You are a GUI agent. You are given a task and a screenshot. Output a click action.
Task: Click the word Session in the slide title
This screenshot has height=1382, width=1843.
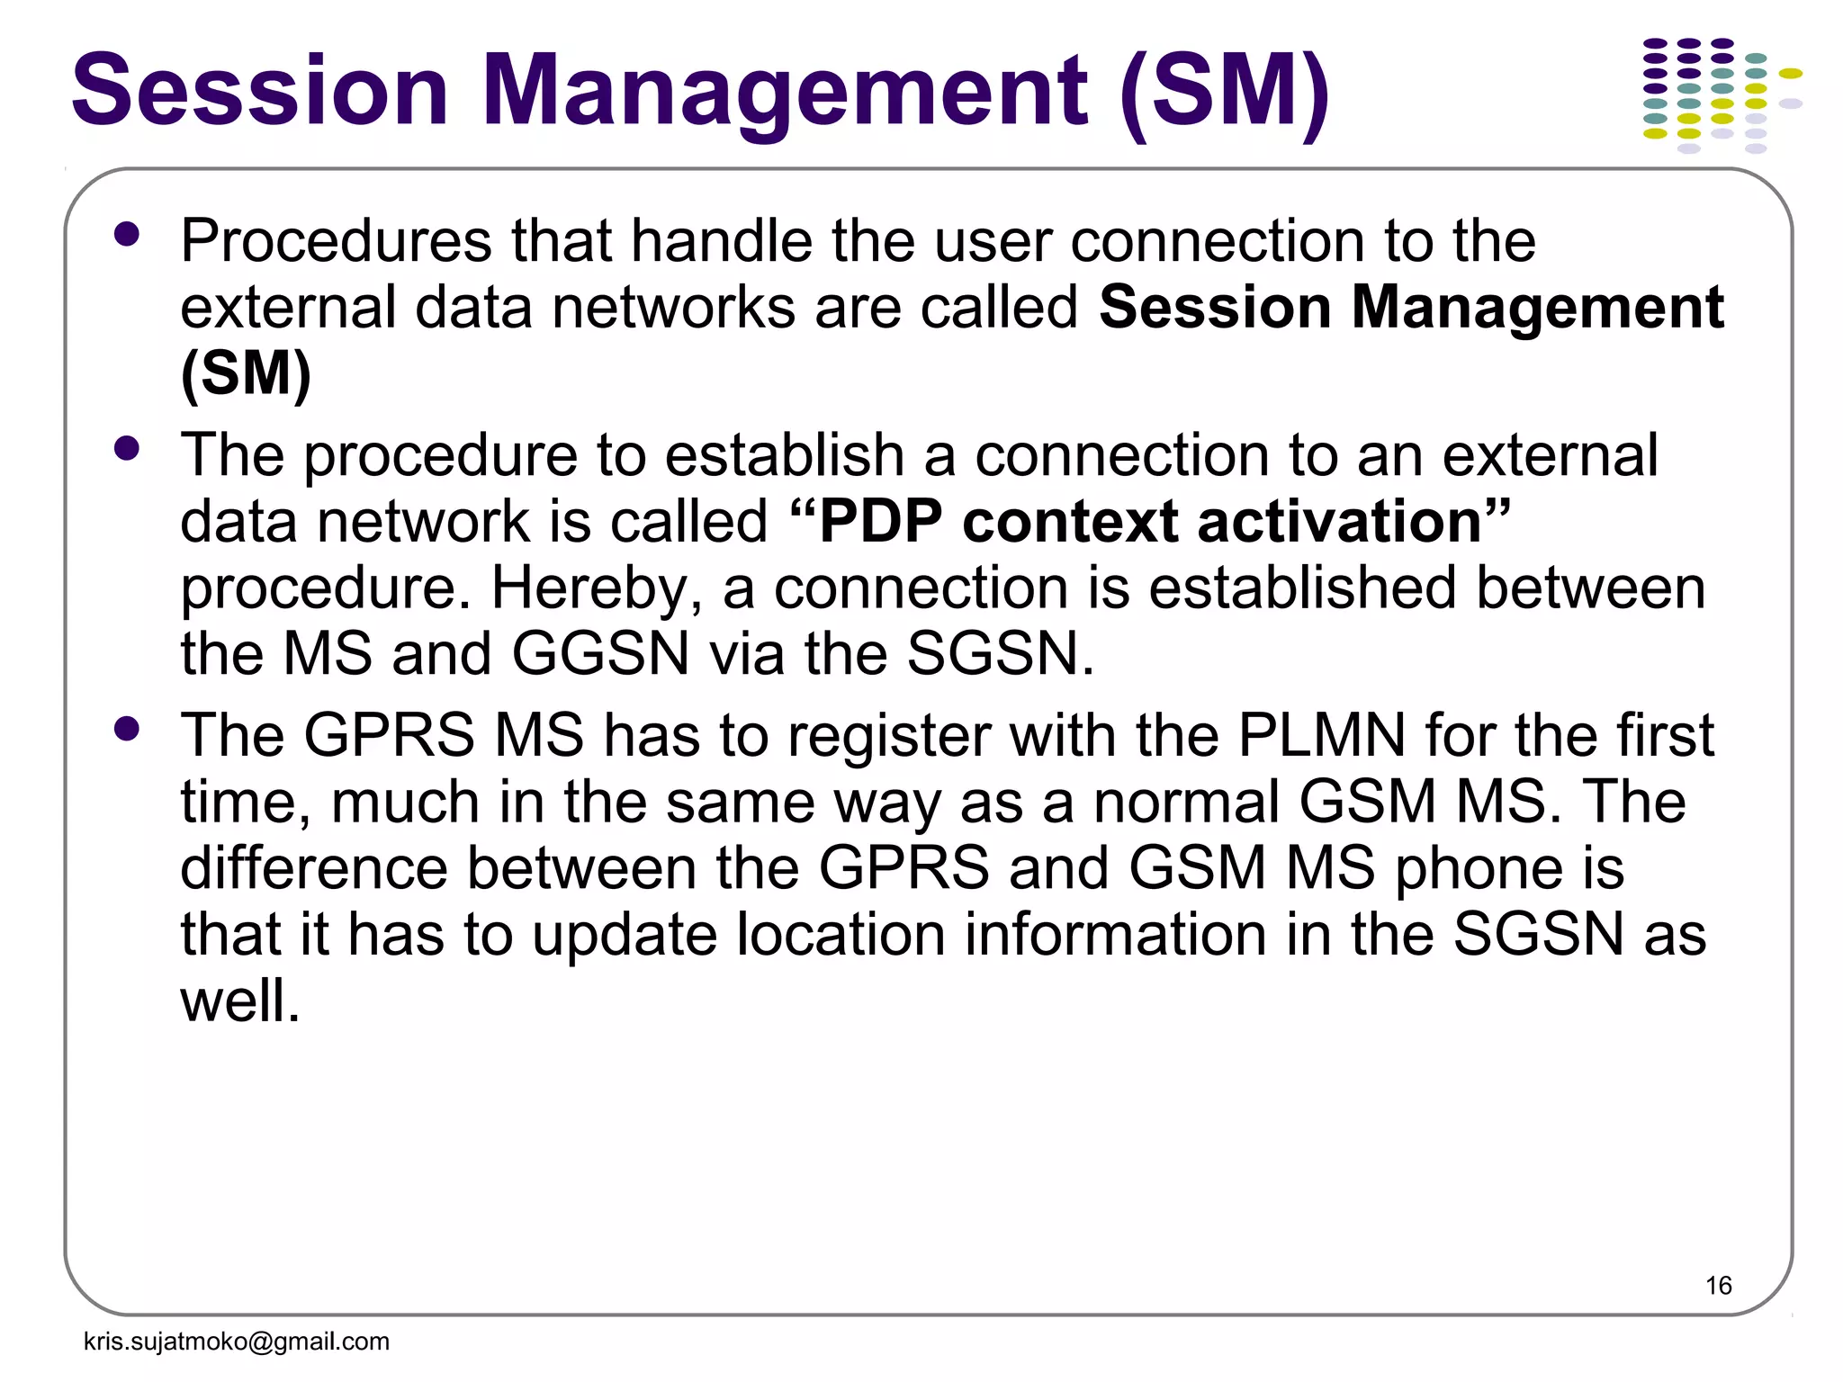(x=260, y=91)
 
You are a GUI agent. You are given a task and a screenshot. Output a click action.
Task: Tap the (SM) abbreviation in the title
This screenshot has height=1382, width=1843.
(x=1226, y=91)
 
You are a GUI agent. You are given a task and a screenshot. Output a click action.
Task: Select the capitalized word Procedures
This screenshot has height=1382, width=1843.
(x=336, y=241)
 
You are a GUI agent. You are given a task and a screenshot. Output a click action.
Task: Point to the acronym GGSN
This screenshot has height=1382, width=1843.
(x=600, y=653)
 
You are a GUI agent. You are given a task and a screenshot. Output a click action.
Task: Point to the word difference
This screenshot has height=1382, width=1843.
(x=314, y=868)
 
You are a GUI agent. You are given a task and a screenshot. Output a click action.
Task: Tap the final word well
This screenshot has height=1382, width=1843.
(x=239, y=1001)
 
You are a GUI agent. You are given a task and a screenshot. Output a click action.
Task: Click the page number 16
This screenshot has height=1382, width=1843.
(x=1718, y=1285)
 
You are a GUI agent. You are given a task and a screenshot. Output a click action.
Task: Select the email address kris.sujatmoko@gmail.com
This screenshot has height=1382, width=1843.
(x=237, y=1342)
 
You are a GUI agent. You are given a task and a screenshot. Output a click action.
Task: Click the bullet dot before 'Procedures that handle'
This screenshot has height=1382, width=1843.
(x=128, y=235)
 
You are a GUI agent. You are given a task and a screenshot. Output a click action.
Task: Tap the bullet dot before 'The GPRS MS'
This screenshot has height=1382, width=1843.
(x=128, y=728)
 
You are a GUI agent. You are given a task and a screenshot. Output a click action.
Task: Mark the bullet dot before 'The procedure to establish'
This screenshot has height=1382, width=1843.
(x=128, y=448)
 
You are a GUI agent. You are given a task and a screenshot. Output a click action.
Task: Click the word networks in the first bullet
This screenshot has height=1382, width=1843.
(x=673, y=308)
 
